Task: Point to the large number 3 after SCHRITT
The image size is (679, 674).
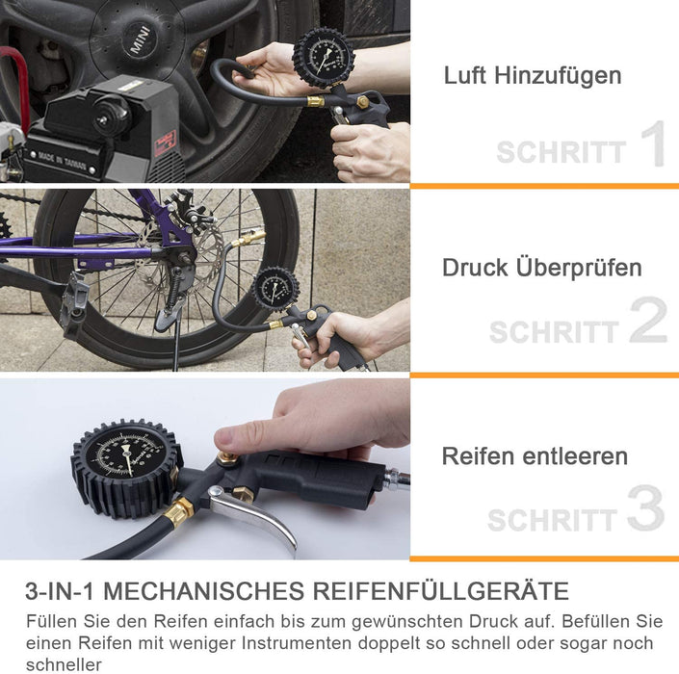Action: [x=646, y=509]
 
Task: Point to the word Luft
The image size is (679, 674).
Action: [x=465, y=75]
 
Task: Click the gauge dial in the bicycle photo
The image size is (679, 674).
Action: [x=276, y=290]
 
